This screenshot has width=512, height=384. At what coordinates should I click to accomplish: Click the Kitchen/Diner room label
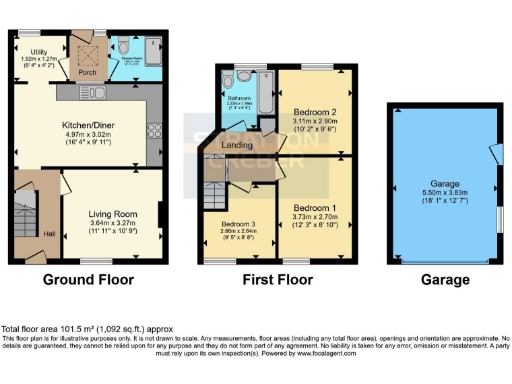(99, 126)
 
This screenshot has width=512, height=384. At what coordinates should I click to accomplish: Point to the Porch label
(87, 72)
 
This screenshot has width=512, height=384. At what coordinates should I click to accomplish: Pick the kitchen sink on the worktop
(98, 93)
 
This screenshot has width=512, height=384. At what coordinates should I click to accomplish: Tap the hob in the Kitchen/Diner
(154, 129)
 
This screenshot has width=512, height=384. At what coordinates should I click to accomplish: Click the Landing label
(237, 145)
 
